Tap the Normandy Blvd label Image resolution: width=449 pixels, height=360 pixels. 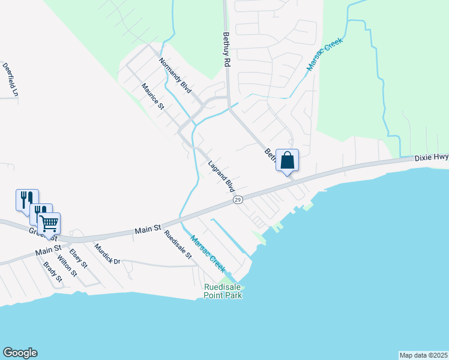coord(175,75)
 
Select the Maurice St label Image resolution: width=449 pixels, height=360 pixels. coord(153,97)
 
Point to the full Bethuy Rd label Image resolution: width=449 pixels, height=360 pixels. coord(227,50)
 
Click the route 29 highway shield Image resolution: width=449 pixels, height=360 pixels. coord(238,199)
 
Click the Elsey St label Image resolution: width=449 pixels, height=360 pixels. coord(79,258)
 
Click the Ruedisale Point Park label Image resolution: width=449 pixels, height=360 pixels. coord(223,291)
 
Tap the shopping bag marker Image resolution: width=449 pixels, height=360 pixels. coord(287,161)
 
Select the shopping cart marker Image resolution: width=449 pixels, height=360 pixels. coord(49,224)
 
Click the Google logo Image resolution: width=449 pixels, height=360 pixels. coord(20,353)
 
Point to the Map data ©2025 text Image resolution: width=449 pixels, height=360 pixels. coord(423,355)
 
